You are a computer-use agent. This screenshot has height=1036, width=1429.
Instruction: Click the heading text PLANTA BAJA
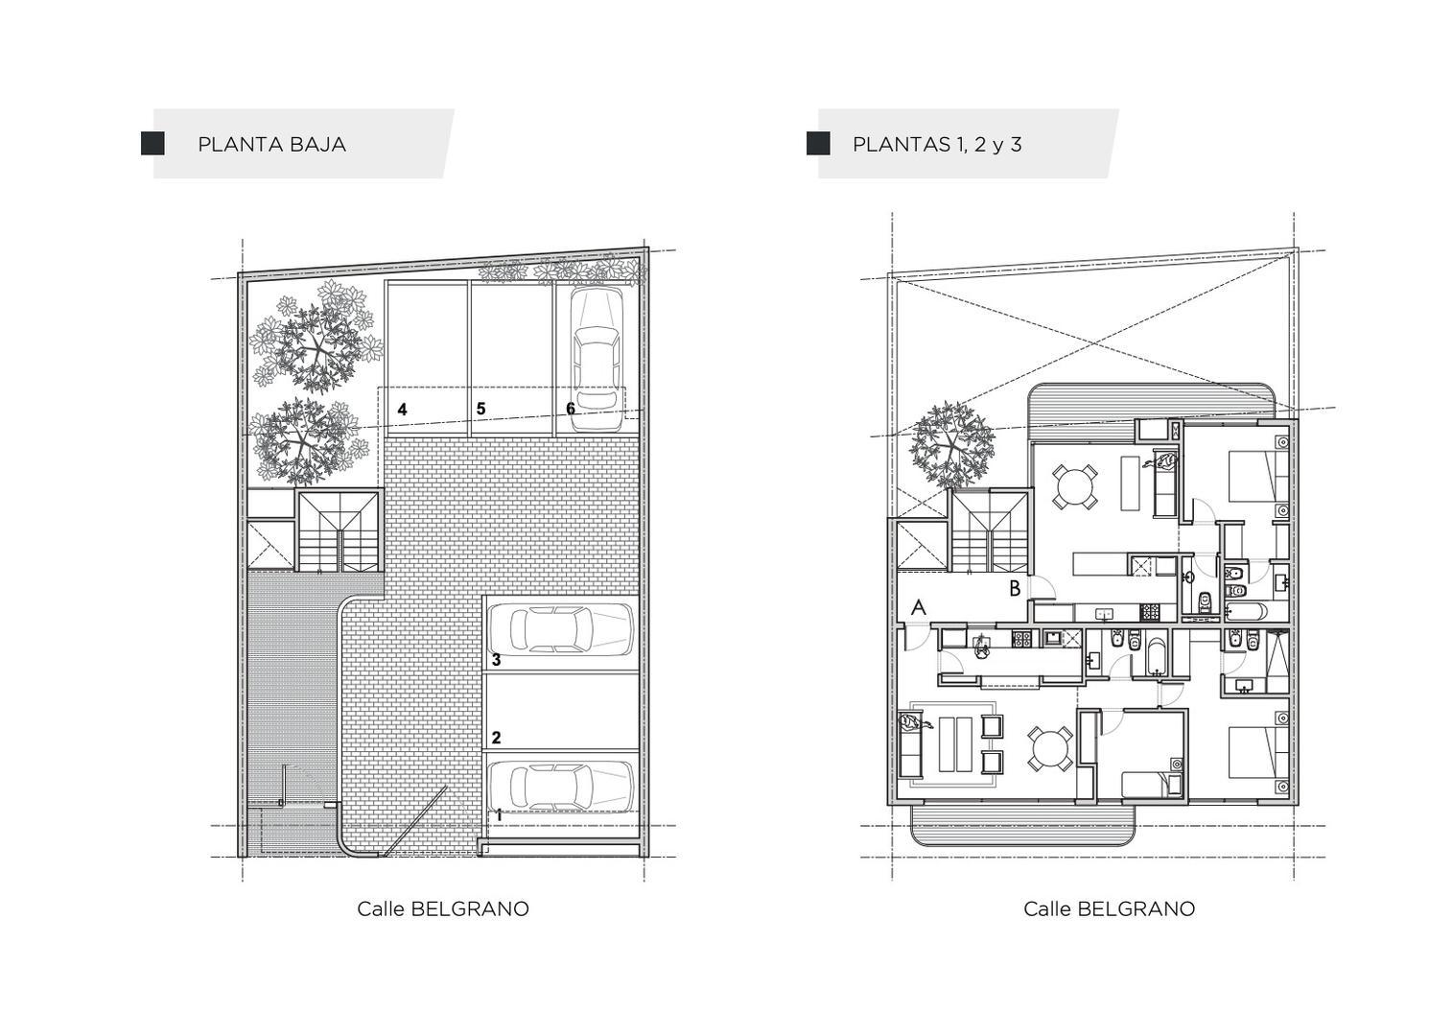coord(271,145)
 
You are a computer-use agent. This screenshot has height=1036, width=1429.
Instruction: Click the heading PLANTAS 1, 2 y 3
coord(936,145)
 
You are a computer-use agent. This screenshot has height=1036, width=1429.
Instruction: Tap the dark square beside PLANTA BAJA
coord(152,144)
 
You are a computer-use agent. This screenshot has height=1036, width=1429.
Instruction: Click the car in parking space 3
coord(560,629)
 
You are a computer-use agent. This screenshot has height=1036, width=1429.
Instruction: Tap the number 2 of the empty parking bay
coord(496,738)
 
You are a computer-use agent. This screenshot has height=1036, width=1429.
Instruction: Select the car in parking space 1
coord(560,786)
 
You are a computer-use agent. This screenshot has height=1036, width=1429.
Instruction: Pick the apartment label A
coord(919,607)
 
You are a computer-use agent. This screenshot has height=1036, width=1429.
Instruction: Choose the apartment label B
coord(1015,589)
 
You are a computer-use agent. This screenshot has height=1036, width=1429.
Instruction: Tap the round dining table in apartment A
coord(1050,748)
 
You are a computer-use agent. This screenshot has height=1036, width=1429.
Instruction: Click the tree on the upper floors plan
coord(952,444)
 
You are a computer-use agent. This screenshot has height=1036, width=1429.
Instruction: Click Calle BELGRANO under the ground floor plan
coord(443,908)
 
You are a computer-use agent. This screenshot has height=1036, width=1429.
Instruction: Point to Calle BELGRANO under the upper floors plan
coord(1109,908)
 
